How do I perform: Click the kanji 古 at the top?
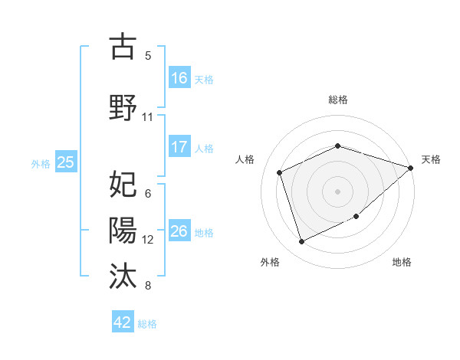click(123, 47)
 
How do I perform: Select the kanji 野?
click(123, 106)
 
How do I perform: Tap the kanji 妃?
click(123, 185)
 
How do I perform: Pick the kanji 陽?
click(123, 230)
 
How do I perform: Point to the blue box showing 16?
click(179, 78)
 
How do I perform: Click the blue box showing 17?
click(179, 147)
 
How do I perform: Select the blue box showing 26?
click(179, 231)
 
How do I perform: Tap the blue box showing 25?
click(65, 162)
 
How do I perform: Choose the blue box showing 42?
click(123, 322)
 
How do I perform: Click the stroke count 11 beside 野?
click(147, 117)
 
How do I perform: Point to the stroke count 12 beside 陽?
click(148, 240)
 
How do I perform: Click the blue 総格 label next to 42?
click(147, 324)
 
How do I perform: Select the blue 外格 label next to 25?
click(41, 163)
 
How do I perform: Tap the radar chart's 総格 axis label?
click(338, 100)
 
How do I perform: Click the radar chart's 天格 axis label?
click(431, 159)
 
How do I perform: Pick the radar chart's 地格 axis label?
click(402, 262)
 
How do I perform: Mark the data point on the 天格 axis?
click(411, 168)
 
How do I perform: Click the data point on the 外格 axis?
click(301, 242)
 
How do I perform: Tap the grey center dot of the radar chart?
click(338, 191)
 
